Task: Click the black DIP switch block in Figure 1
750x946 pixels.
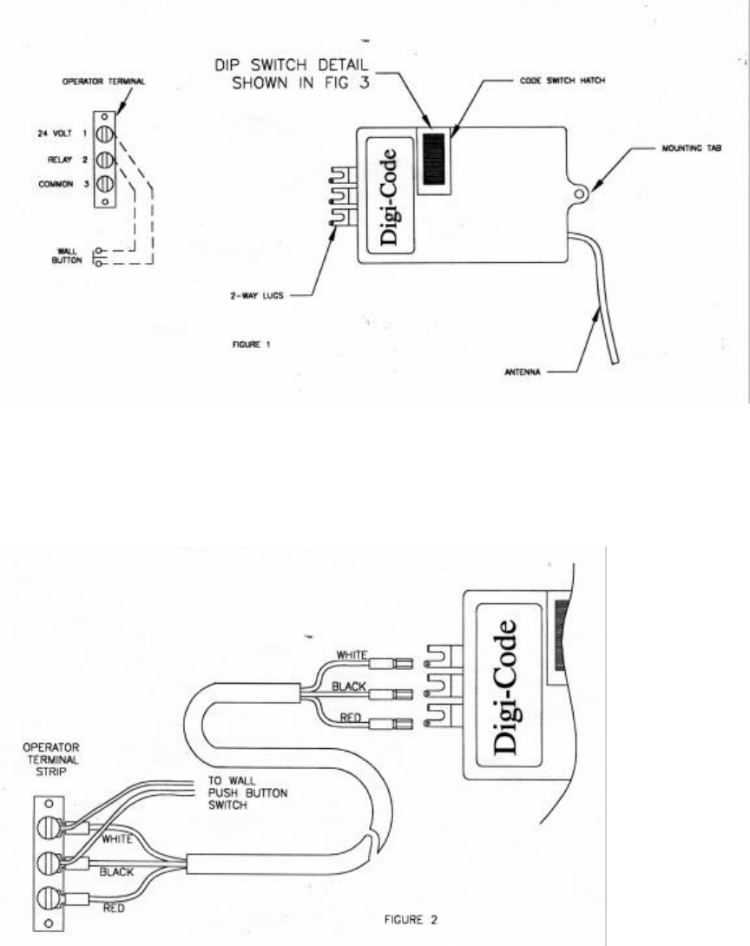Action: (433, 160)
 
